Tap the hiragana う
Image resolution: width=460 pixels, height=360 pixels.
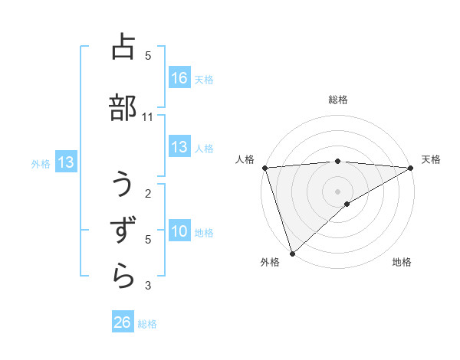123,185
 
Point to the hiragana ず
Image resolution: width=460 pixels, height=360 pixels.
123,231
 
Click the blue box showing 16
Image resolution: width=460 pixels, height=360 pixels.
179,78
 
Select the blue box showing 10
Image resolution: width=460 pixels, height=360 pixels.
179,231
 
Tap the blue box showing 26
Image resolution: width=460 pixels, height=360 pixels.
123,322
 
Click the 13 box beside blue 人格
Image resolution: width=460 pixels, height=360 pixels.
179,147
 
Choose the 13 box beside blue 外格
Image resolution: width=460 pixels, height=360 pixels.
65,162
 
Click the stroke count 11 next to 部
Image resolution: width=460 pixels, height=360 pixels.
148,116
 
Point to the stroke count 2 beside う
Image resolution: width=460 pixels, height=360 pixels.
148,193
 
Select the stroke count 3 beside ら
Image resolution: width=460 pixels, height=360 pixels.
148,286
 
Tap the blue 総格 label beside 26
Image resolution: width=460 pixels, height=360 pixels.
147,324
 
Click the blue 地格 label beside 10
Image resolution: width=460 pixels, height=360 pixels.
204,232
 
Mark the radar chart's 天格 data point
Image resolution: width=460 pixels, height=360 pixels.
412,168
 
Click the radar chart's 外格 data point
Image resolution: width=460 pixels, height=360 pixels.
291,253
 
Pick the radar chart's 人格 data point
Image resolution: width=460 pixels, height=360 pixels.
264,168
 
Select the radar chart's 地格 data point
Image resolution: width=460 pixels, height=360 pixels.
347,204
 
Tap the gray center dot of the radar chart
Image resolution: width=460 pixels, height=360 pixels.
337,191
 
